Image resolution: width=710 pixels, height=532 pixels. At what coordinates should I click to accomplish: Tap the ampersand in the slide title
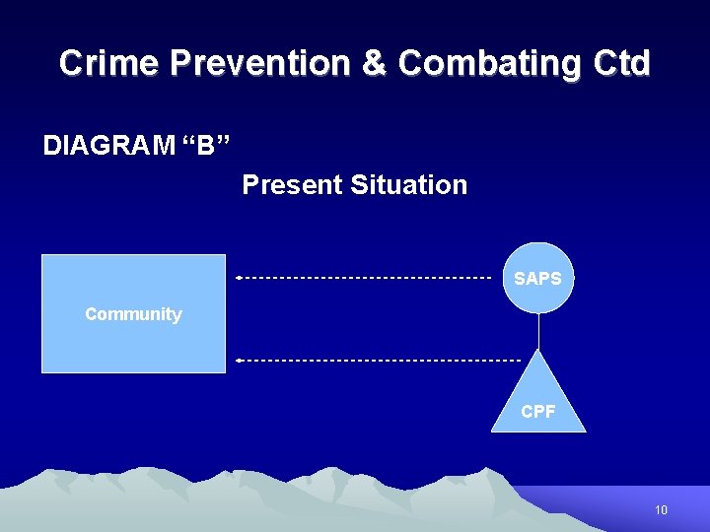375,63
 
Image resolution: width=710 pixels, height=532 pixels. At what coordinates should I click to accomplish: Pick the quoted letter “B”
204,146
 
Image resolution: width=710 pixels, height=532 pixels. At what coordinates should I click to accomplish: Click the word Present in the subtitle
292,184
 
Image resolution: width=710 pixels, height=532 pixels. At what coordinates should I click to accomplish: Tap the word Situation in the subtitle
409,184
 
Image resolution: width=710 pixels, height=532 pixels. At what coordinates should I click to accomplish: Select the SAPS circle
537,278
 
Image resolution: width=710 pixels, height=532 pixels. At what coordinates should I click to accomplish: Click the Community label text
133,314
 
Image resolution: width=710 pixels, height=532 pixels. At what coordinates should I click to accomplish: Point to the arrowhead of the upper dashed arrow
239,278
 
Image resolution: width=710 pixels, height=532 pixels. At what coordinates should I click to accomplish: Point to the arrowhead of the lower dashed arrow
239,361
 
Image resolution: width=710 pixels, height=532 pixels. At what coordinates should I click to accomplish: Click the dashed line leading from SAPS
365,278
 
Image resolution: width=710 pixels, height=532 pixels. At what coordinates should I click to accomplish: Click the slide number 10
661,509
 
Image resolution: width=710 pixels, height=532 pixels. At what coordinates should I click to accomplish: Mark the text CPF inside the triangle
538,412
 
